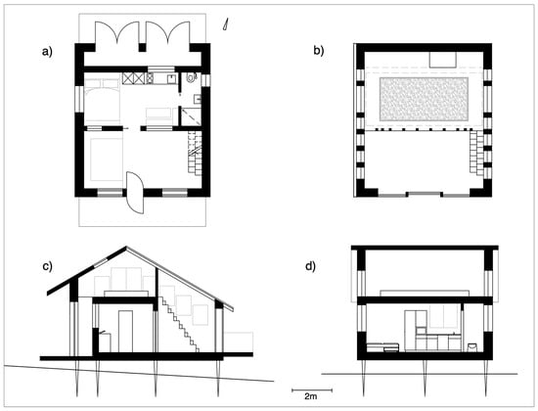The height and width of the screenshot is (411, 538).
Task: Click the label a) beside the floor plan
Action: coord(47,52)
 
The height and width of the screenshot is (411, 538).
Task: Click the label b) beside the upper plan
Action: coord(319,51)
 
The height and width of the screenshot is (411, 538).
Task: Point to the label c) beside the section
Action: coord(47,266)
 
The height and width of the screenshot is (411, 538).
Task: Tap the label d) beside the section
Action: coord(310,266)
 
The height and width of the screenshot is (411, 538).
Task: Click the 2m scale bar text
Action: coord(310,396)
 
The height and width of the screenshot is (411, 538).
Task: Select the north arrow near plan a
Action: coord(226,25)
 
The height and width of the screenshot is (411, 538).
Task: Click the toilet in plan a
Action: coord(191,77)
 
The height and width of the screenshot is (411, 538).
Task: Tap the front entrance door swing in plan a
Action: coord(135,193)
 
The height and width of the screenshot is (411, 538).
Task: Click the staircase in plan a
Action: coord(195,153)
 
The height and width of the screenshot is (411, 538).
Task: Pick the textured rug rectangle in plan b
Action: coord(425,99)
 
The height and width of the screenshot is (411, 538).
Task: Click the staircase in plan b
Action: coord(476,153)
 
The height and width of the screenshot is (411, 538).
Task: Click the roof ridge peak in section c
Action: coord(126,247)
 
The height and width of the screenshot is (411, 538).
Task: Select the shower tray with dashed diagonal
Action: coord(191,116)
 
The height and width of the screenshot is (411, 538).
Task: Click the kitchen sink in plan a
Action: coord(171,79)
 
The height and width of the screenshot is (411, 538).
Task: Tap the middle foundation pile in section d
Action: coord(425,378)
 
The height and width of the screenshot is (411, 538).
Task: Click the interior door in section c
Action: coord(125,332)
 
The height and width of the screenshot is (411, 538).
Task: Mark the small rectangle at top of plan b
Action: coord(443,60)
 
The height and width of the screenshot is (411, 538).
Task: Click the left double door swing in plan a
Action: coord(117,33)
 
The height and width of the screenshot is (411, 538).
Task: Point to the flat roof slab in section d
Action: coord(425,248)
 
